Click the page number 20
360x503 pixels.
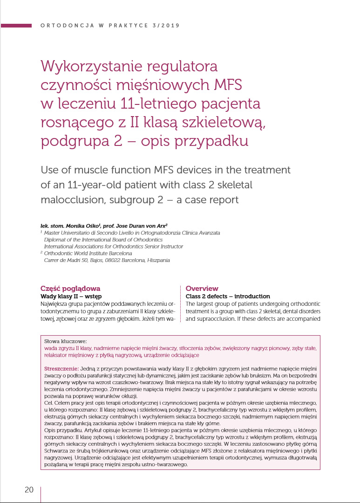point(29,489)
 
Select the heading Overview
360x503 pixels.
point(202,289)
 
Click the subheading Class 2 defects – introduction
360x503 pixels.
point(228,296)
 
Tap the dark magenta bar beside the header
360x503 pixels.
point(16,25)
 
